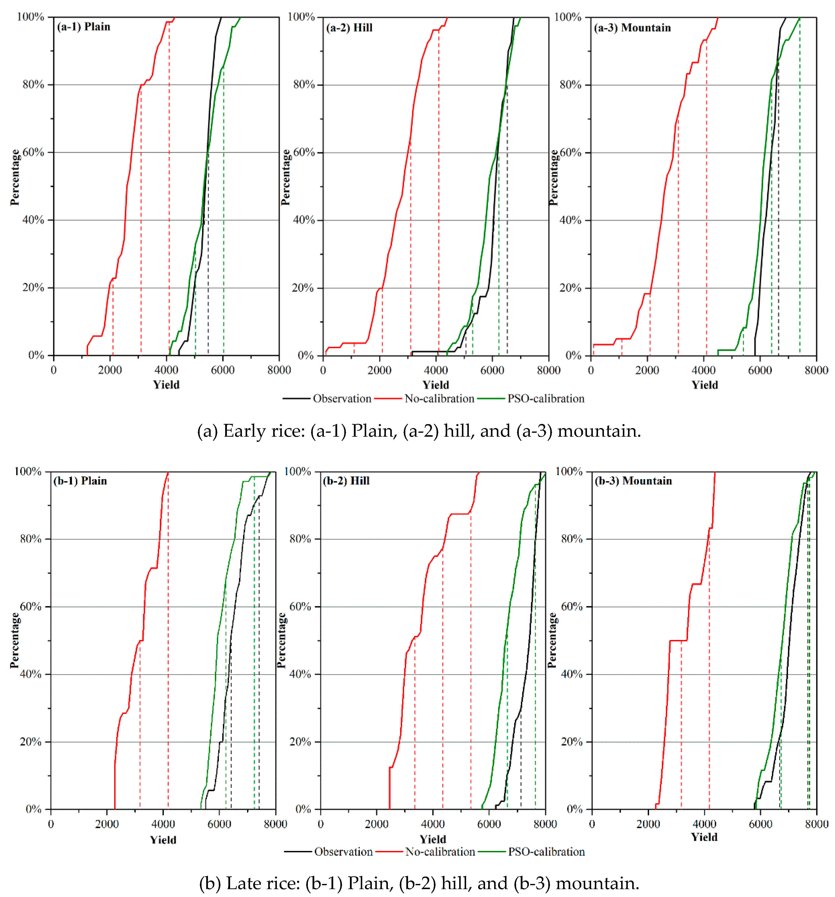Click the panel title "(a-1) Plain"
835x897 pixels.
point(84,27)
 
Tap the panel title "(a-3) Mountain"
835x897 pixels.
point(632,28)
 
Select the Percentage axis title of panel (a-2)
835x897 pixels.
point(285,177)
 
